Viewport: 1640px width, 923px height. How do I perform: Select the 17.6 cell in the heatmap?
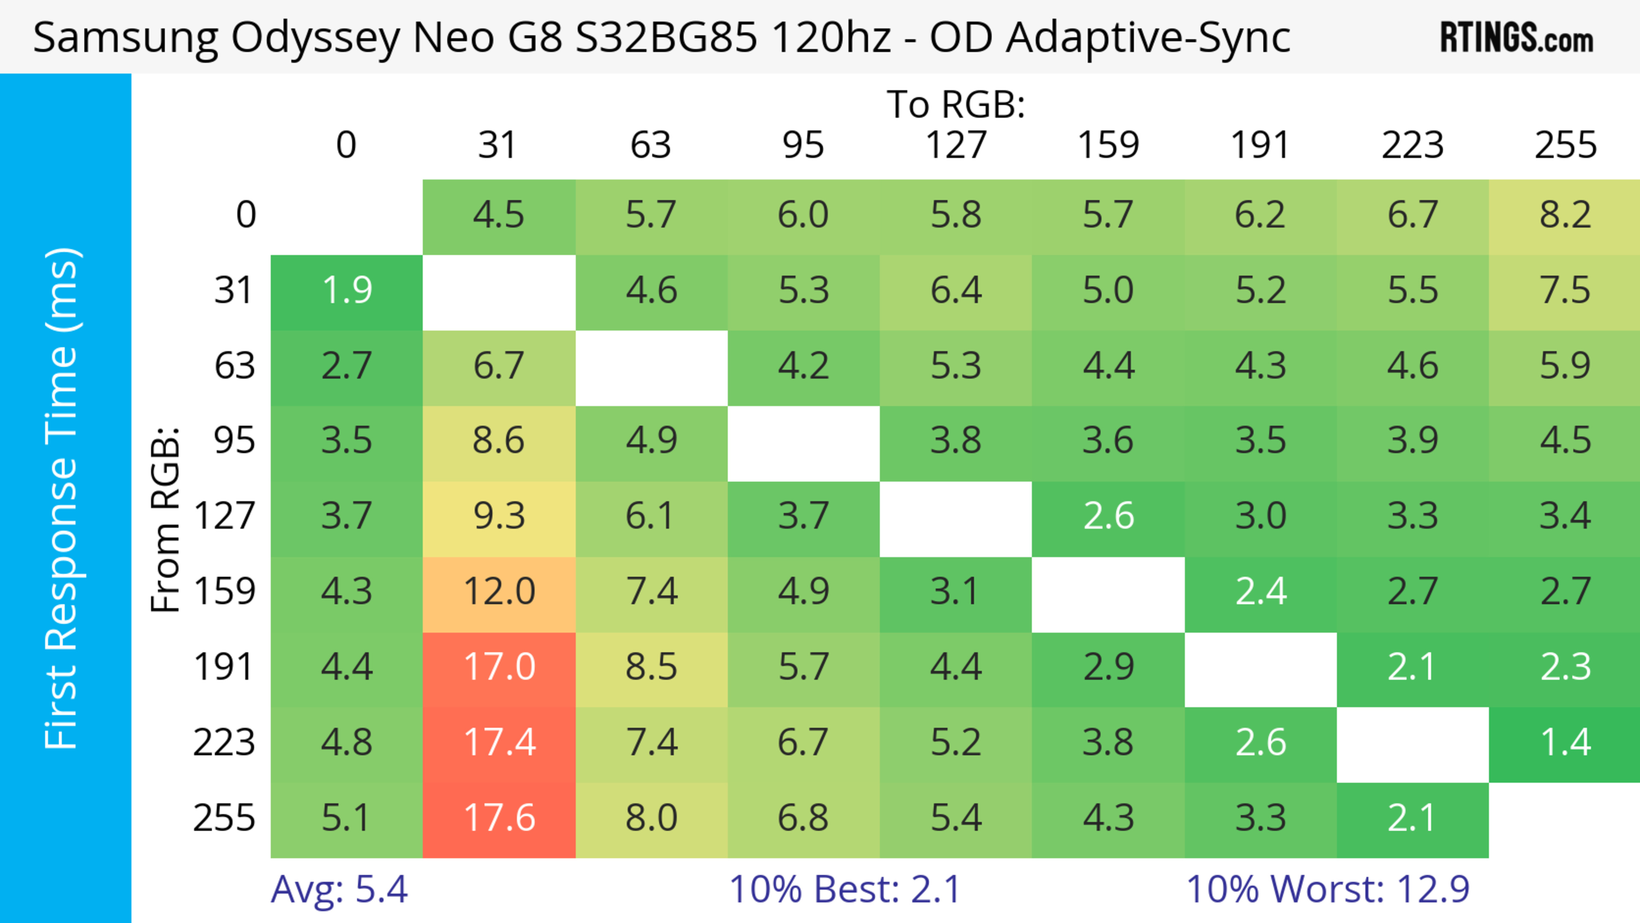tap(499, 819)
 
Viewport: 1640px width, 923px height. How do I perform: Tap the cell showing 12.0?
tap(499, 592)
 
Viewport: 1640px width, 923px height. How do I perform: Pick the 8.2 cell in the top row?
tap(1565, 215)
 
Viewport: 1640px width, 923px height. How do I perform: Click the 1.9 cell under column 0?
tap(347, 291)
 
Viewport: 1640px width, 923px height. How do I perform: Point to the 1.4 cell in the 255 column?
tap(1565, 743)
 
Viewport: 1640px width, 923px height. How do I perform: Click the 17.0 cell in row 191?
tap(499, 668)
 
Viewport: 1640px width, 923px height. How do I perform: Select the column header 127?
tap(956, 145)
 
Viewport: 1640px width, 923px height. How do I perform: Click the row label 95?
tap(234, 440)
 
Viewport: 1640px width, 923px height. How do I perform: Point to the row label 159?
tap(225, 592)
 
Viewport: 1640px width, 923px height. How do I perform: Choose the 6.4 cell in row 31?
tap(956, 291)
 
